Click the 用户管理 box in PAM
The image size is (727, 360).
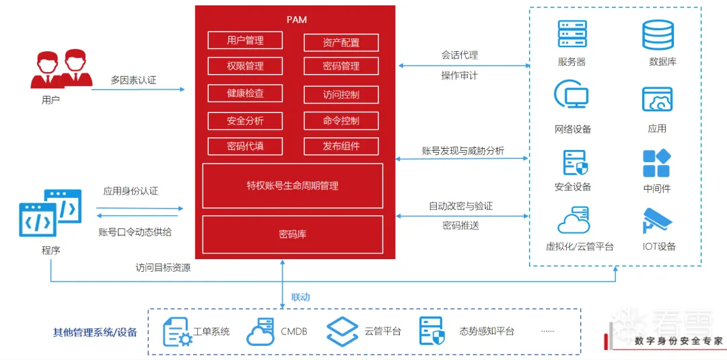click(245, 40)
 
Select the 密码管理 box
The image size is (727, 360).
click(341, 67)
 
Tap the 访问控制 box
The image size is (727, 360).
click(341, 95)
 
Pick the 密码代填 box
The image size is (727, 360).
click(245, 146)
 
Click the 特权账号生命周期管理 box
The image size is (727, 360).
click(293, 185)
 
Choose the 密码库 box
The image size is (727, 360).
click(293, 234)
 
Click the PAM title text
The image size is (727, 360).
click(296, 20)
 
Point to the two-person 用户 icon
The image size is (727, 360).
click(61, 69)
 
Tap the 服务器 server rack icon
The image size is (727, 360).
click(572, 34)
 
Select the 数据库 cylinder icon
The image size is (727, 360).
click(658, 35)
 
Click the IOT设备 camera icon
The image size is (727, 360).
click(658, 221)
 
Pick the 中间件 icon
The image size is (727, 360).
click(656, 164)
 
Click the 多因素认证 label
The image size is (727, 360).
click(133, 80)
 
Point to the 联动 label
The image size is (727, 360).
click(300, 297)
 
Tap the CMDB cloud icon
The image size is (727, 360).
click(261, 331)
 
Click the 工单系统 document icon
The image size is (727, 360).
click(177, 331)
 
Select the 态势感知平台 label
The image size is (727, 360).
click(487, 331)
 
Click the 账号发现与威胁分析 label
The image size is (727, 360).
click(463, 151)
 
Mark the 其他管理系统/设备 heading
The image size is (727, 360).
click(95, 332)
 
